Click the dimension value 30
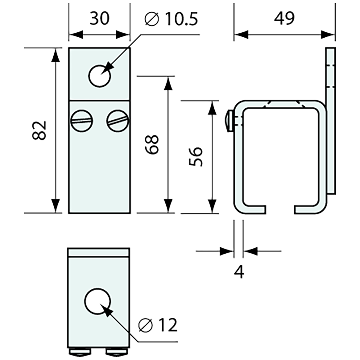(99, 19)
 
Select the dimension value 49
(284, 19)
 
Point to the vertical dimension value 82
(40, 130)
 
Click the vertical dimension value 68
(153, 144)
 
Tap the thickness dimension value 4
(240, 271)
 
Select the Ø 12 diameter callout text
(158, 325)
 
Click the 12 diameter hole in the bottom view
(97, 301)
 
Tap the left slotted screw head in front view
(81, 120)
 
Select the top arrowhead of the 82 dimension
(56, 55)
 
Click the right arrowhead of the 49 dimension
(328, 34)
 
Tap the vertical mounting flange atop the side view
(331, 75)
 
